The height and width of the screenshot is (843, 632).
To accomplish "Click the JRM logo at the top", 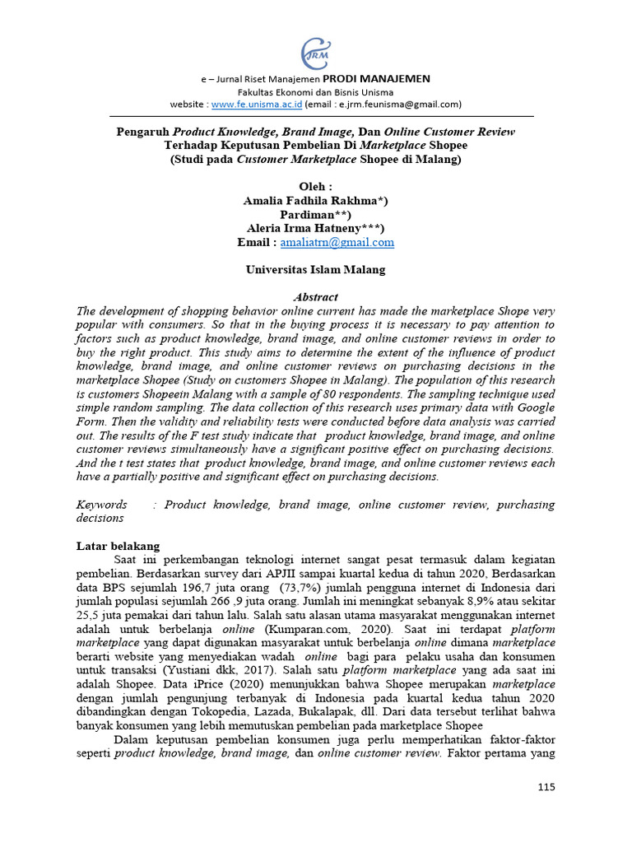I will tap(315, 52).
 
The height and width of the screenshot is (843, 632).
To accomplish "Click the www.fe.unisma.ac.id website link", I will tap(256, 105).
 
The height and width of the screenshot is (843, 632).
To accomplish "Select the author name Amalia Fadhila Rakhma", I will tap(316, 200).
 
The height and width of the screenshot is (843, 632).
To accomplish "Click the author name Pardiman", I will tap(316, 214).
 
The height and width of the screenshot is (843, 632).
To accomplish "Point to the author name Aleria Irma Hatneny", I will tap(316, 228).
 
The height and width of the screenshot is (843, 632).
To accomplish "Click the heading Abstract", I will tap(316, 296).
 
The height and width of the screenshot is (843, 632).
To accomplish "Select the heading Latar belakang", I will tap(118, 546).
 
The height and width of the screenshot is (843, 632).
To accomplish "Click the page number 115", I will tap(546, 787).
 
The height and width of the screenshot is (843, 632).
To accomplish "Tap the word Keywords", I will tap(102, 504).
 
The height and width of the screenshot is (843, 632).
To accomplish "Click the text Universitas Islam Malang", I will tap(316, 269).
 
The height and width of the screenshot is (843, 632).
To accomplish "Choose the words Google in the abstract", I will tap(534, 408).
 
